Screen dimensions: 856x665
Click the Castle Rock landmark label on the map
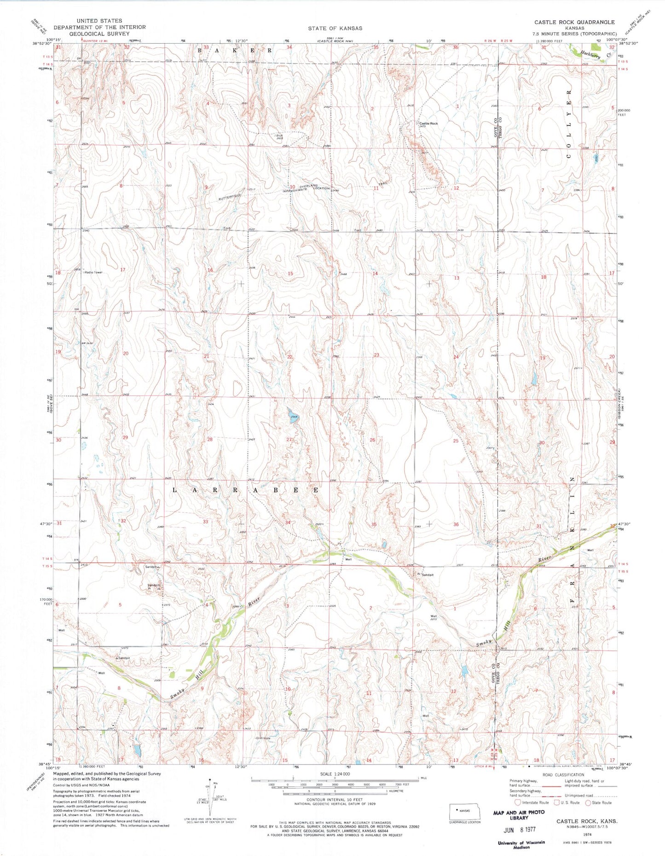coord(428,123)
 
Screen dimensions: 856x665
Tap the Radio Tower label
coord(93,273)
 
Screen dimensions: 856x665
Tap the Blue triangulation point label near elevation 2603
coord(279,135)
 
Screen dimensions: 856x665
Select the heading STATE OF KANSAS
coord(335,28)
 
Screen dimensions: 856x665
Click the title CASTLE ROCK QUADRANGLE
coord(574,22)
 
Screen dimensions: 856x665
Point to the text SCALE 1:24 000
coord(335,774)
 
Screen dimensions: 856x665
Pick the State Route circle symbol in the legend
coord(588,803)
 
